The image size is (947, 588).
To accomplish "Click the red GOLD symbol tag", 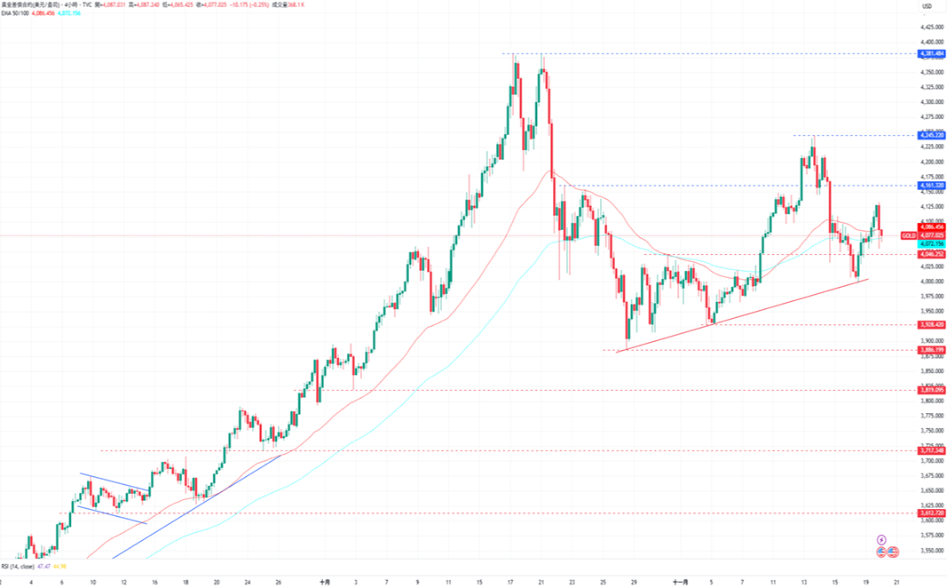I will [x=908, y=235].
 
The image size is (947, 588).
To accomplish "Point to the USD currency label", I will [x=927, y=7].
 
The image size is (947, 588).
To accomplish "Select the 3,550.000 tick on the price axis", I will [x=931, y=551].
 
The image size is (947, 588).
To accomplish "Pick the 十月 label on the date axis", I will [x=325, y=583].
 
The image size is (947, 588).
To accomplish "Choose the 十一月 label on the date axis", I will [x=680, y=583].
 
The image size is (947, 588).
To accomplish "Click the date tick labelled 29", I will [x=633, y=583].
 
